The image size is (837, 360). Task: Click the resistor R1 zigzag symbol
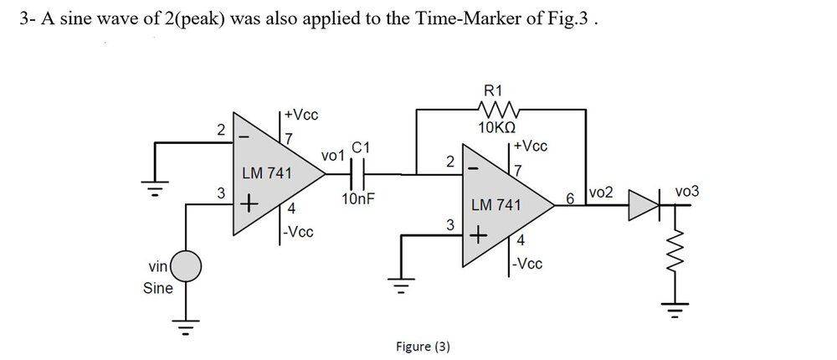[x=500, y=110]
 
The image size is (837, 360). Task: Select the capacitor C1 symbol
[x=361, y=174]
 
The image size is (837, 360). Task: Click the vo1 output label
[x=332, y=155]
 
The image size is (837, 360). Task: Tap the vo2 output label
[x=600, y=193]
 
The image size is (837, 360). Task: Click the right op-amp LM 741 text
[x=496, y=204]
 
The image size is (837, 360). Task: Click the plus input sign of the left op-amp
[x=249, y=203]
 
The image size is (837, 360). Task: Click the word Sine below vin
[x=157, y=288]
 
